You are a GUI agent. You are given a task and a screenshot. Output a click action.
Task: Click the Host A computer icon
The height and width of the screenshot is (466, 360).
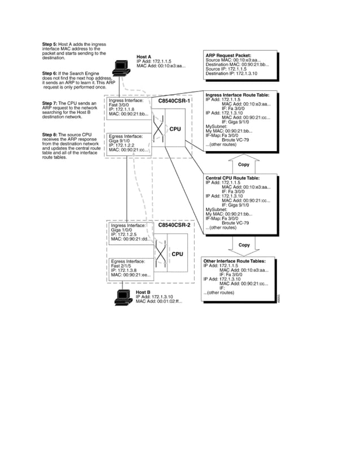coord(121,68)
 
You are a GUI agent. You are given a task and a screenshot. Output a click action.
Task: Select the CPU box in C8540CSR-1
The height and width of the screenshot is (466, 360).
coord(175,129)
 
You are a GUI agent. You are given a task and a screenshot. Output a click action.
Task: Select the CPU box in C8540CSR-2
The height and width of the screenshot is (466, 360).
coord(177,254)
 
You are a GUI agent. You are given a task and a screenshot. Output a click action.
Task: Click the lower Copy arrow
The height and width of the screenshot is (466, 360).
coord(244,245)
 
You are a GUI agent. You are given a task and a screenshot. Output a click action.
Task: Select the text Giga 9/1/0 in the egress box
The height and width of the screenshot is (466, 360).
coord(120,141)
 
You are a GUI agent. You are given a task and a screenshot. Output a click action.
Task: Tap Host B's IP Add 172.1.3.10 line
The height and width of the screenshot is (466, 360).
coord(154,296)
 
